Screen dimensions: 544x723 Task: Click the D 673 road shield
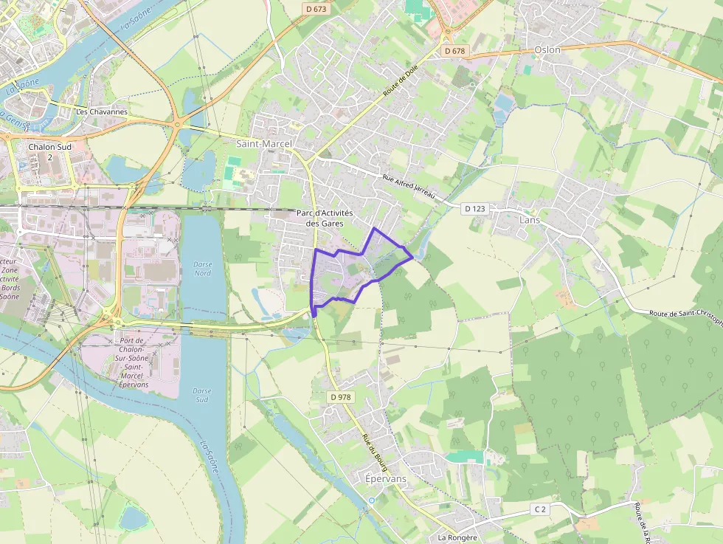(x=314, y=8)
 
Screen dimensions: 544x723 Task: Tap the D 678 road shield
(x=455, y=50)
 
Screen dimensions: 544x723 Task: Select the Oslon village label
(x=547, y=50)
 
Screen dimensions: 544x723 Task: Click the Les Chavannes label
(x=102, y=112)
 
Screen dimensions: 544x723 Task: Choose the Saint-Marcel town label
(x=264, y=143)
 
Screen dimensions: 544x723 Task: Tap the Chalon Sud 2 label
(x=50, y=151)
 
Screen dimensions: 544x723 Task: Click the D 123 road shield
(x=476, y=209)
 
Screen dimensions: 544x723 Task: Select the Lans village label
(x=530, y=220)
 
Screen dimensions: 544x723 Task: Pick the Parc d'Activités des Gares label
(x=325, y=218)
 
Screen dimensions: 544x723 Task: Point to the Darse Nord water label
(x=202, y=268)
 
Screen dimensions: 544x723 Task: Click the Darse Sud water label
(x=201, y=395)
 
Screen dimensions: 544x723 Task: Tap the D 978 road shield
(x=340, y=397)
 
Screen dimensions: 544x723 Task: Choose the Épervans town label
(x=386, y=478)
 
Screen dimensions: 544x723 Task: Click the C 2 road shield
(x=541, y=509)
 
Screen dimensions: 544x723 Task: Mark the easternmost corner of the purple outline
(x=412, y=258)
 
